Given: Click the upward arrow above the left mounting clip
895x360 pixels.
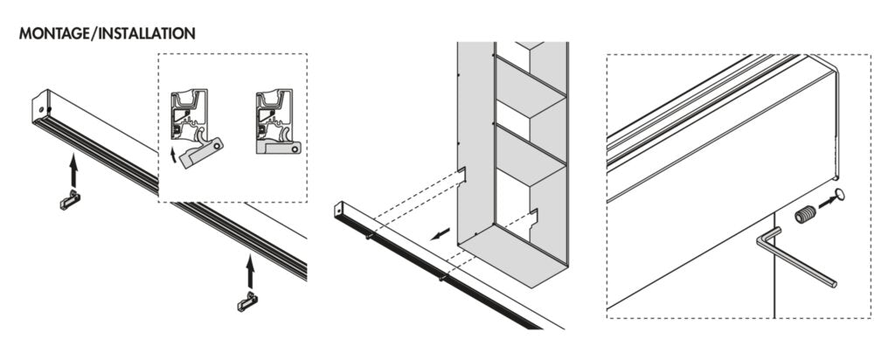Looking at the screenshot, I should (74, 170).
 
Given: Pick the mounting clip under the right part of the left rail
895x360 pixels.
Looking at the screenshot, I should (248, 301).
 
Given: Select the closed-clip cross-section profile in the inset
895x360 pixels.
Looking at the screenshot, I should (277, 122).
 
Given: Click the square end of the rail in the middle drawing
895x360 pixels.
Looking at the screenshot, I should (341, 211).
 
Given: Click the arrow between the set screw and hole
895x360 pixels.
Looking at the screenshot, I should (824, 204).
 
